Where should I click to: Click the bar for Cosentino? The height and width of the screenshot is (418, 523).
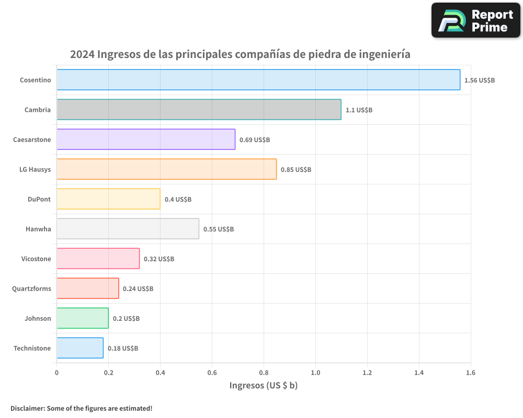[258, 80]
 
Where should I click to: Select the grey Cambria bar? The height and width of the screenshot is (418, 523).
[199, 110]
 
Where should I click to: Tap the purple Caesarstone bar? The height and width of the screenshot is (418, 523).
[146, 140]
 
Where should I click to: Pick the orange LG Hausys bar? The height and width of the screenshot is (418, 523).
[166, 169]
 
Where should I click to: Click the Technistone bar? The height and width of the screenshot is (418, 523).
[80, 348]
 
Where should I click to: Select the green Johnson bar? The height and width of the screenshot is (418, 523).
[83, 318]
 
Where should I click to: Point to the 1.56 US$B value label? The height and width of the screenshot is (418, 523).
[480, 80]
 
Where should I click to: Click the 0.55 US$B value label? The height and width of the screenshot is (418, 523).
[219, 229]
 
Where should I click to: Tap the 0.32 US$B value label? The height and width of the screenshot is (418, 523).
[159, 259]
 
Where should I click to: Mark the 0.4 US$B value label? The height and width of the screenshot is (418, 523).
[178, 200]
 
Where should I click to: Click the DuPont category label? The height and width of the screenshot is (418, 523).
[39, 199]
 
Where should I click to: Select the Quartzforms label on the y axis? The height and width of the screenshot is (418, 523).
[31, 288]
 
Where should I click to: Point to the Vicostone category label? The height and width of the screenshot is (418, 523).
[36, 259]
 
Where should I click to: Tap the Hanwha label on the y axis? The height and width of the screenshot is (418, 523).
[38, 229]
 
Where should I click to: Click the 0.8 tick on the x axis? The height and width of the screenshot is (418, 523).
[264, 373]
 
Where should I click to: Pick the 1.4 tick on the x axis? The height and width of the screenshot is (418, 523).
[419, 373]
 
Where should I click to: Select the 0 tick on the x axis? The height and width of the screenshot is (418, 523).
[56, 373]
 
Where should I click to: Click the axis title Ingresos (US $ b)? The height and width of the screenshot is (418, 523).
[263, 386]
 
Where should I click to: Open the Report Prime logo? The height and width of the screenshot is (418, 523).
[476, 20]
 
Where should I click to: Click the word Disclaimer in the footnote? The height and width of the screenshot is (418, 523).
[27, 408]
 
